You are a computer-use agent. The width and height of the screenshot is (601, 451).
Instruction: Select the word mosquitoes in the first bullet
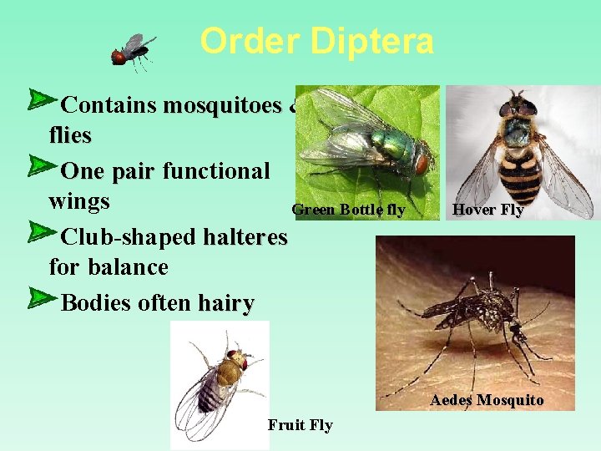(223, 105)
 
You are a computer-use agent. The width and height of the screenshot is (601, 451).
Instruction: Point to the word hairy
(225, 302)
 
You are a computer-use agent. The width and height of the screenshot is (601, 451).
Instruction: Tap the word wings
(79, 201)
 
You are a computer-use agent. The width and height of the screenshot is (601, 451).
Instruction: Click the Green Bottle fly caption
(348, 210)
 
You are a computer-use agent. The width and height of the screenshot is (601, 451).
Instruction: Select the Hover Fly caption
(487, 210)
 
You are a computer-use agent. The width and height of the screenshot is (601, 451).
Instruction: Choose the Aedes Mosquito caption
(487, 400)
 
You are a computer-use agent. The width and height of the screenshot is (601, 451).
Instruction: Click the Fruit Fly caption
(300, 425)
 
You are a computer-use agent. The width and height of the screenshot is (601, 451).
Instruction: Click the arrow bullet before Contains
(39, 100)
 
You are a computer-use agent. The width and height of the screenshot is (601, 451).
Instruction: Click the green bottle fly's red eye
(422, 160)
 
